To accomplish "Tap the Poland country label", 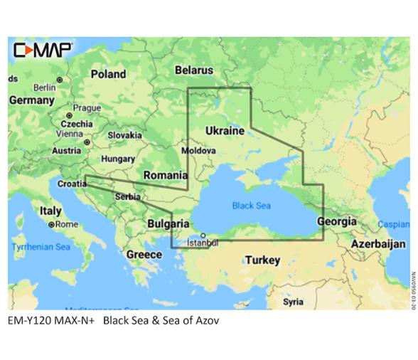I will pos(108,74).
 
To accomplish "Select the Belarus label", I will pos(194,70).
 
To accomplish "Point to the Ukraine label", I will pos(225,131).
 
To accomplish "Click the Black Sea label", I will pos(252,206).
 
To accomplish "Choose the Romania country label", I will pos(166,174).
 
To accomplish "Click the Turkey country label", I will pos(262,260).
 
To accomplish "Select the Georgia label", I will pos(337,221).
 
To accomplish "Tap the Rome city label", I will pos(66,225).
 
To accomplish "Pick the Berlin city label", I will pos(44,87).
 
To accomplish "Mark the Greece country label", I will pos(144,254).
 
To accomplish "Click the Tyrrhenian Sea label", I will pos(41,247).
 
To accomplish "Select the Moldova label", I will pos(198,152).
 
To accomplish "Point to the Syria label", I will pos(293,302).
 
